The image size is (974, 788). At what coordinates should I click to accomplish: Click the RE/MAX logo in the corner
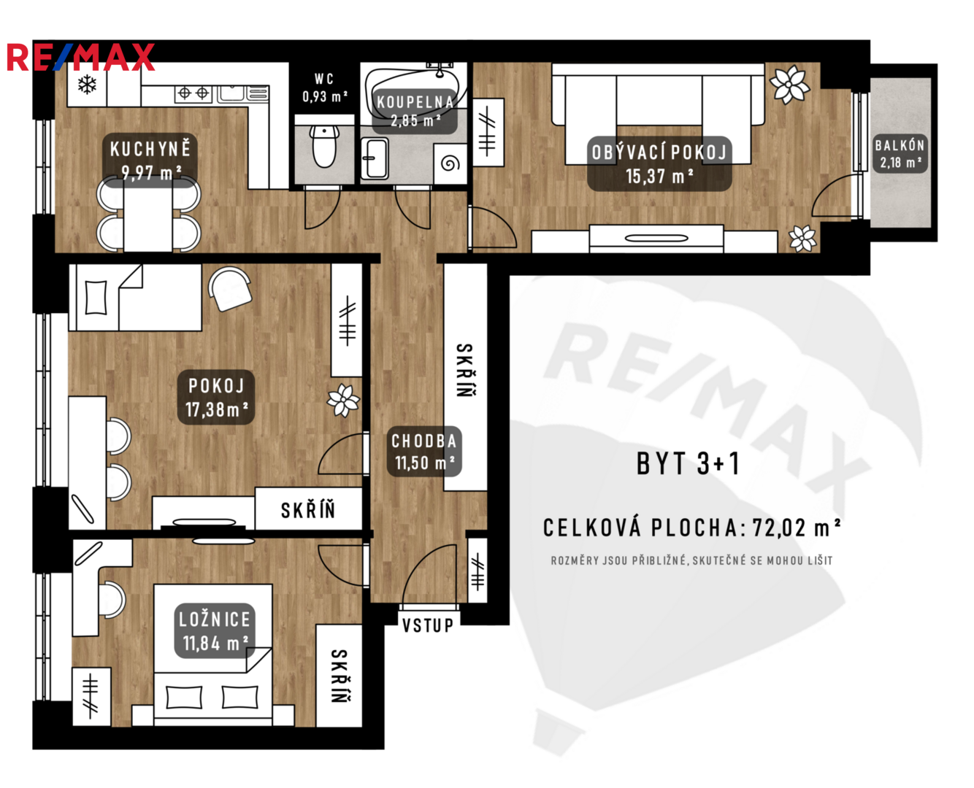pyautogui.click(x=80, y=57)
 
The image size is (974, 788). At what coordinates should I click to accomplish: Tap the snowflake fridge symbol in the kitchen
pyautogui.click(x=87, y=85)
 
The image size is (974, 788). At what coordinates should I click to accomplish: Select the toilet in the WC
pyautogui.click(x=324, y=146)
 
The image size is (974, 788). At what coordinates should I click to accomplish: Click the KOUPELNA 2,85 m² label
pyautogui.click(x=415, y=111)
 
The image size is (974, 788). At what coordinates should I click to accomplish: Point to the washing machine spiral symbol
pyautogui.click(x=450, y=163)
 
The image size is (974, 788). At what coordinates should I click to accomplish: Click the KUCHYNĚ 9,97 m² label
pyautogui.click(x=150, y=161)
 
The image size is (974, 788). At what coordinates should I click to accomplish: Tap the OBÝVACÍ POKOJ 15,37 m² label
pyautogui.click(x=659, y=163)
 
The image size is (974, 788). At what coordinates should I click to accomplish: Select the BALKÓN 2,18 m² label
pyautogui.click(x=900, y=153)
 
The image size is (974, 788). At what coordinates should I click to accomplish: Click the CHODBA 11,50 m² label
pyautogui.click(x=424, y=452)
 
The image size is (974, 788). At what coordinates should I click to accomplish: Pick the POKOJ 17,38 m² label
pyautogui.click(x=216, y=397)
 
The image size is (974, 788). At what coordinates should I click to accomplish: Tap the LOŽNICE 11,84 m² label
pyautogui.click(x=215, y=631)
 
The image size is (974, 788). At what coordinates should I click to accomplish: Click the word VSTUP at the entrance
pyautogui.click(x=428, y=625)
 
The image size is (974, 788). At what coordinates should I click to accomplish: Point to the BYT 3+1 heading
pyautogui.click(x=688, y=463)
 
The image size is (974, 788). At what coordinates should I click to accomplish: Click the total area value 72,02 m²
pyautogui.click(x=796, y=528)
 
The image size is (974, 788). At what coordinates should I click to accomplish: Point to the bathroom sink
pyautogui.click(x=375, y=158)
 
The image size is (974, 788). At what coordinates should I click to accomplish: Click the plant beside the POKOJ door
pyautogui.click(x=343, y=401)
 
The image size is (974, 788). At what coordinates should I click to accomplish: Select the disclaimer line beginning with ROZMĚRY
pyautogui.click(x=691, y=560)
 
